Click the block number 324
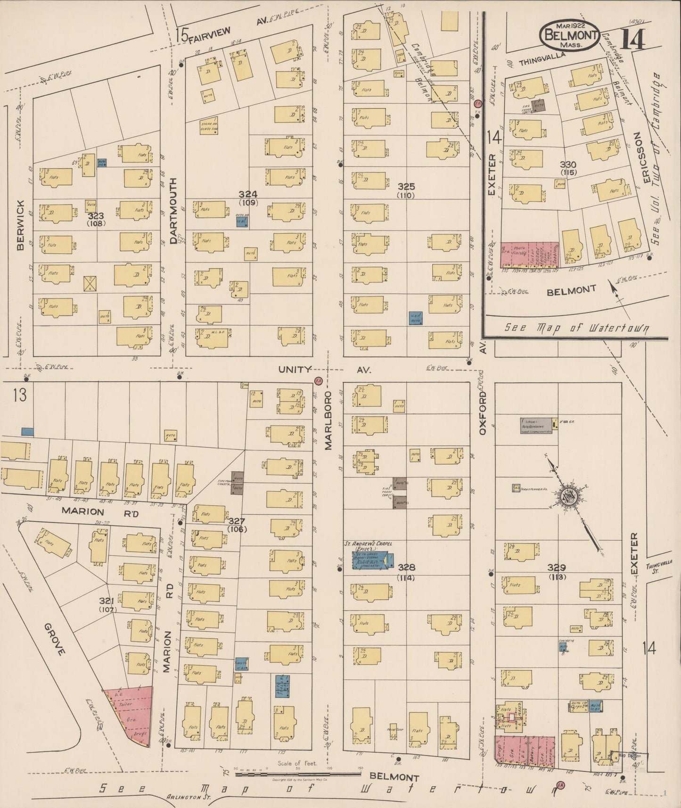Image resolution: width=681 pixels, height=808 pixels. click(x=248, y=194)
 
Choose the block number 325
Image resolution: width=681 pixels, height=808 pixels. click(x=405, y=187)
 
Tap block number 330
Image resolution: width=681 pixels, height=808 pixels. click(x=568, y=165)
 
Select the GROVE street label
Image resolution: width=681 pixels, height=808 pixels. click(x=55, y=640)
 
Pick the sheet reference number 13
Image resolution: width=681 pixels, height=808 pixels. click(x=20, y=396)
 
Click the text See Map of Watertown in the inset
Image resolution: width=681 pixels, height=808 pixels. click(x=576, y=328)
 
